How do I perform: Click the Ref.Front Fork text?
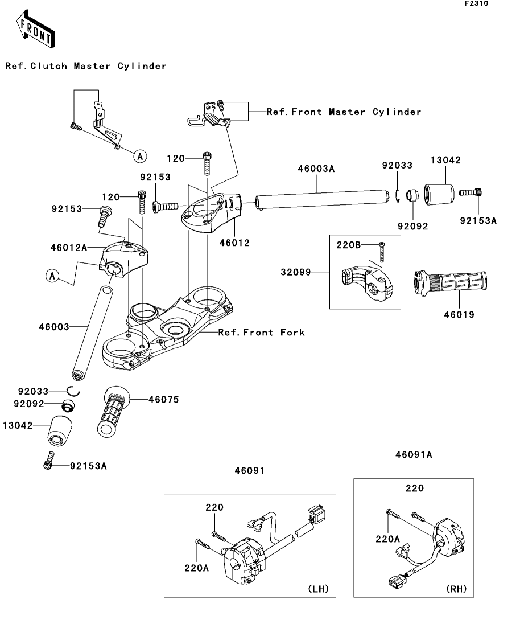[261, 332]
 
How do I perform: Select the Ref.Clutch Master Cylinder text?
[86, 66]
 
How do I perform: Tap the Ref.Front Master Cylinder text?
[344, 112]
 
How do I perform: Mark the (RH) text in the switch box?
[456, 589]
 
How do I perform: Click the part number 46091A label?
[414, 455]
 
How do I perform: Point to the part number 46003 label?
[54, 327]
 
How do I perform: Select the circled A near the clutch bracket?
[141, 155]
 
